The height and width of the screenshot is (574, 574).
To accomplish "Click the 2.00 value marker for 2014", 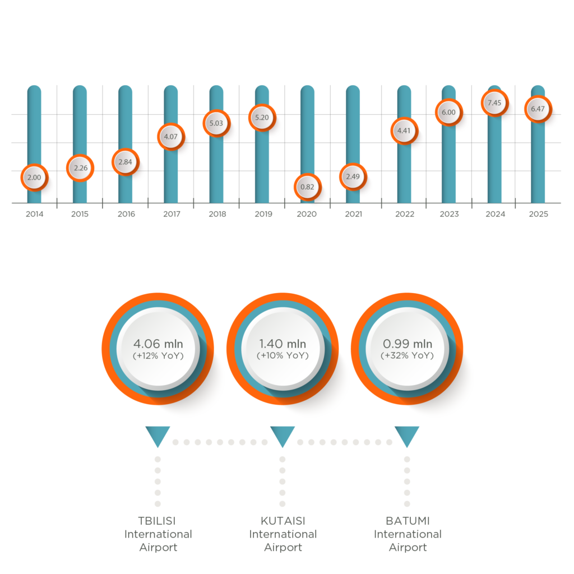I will tap(34, 178).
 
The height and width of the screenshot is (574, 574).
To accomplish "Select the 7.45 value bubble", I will tap(494, 103).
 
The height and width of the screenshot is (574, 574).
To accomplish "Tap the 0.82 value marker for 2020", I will tap(307, 187).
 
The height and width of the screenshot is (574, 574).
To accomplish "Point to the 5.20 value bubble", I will tap(262, 118).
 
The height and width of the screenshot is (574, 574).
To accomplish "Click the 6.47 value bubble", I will tap(538, 109).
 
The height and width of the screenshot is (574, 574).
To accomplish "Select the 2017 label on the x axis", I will tap(171, 214).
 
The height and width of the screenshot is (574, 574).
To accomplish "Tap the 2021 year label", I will tap(353, 214).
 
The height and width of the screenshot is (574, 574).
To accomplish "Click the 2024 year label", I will tap(495, 214).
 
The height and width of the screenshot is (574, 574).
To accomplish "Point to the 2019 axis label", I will tap(262, 214).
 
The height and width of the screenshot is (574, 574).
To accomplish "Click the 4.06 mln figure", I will tap(158, 344).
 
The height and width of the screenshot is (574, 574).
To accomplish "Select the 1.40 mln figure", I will tap(283, 344).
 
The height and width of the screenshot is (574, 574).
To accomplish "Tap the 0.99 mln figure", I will tap(408, 344).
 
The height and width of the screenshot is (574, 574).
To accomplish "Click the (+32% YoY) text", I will tap(408, 356).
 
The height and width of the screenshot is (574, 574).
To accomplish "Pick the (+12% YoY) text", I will tap(158, 356).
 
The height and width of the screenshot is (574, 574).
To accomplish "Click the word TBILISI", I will tap(158, 521).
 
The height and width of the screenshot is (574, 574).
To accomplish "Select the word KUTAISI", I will tap(283, 521).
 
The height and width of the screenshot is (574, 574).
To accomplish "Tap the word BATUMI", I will tap(408, 521).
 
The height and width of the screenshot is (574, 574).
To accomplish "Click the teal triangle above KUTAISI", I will tap(283, 435).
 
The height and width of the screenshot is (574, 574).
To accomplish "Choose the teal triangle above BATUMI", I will tap(407, 435).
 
